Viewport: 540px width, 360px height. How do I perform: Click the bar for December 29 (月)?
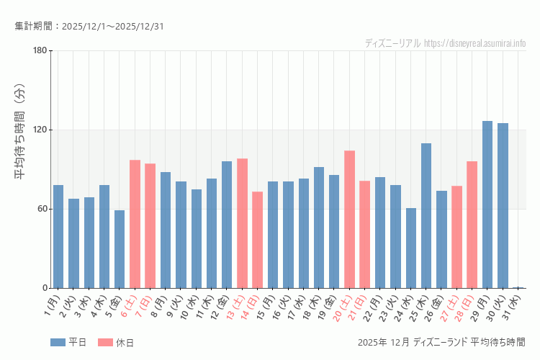click(487, 204)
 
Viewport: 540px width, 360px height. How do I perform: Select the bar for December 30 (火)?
click(503, 206)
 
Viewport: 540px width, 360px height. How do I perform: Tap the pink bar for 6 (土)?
click(135, 224)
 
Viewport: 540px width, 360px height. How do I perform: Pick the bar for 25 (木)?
click(426, 216)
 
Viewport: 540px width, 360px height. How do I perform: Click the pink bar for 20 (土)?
click(349, 220)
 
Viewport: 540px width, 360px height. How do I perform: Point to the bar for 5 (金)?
click(120, 249)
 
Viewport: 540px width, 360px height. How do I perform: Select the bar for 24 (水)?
click(411, 248)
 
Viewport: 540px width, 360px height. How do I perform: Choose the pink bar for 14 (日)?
click(257, 240)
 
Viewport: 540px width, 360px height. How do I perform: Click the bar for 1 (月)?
click(58, 237)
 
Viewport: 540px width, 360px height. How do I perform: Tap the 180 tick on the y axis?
click(39, 50)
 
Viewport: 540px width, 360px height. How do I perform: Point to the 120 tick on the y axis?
click(39, 130)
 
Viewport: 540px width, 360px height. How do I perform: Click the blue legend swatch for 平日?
click(58, 342)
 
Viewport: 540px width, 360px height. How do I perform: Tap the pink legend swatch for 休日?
click(105, 342)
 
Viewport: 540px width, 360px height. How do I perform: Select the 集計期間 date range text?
click(89, 27)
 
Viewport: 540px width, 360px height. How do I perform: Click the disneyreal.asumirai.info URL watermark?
click(474, 43)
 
